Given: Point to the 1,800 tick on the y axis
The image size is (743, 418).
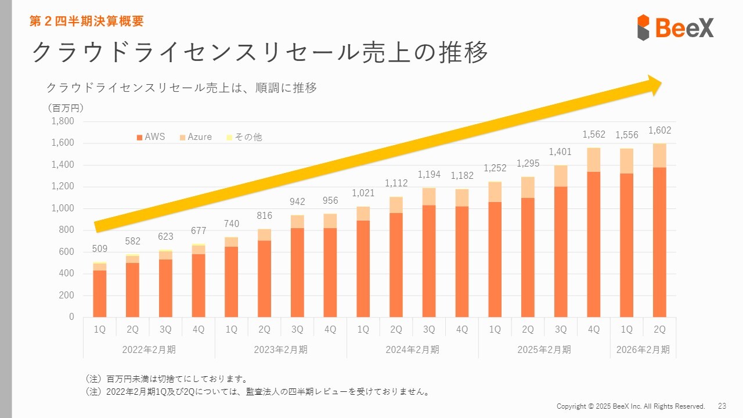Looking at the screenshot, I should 63,121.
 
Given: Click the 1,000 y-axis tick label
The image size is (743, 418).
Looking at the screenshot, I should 63,208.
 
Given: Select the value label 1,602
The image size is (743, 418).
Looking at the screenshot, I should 659,131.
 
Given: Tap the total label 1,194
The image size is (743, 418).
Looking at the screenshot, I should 429,175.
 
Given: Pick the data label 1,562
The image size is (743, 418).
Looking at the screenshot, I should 594,135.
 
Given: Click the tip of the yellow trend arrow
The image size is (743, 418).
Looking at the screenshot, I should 661,85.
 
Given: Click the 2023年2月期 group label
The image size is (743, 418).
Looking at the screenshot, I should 280,349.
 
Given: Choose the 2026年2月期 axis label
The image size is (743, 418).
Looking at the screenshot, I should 643,349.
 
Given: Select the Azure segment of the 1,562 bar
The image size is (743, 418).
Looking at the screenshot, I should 594,160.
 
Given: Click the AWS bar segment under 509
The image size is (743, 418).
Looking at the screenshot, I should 100,293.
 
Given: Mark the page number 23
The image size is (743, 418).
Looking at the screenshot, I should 722,406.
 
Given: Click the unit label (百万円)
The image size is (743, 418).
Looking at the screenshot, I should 65,108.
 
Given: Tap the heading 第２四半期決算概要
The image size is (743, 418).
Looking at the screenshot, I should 86,21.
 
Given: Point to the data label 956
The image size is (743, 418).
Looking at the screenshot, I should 330,200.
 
